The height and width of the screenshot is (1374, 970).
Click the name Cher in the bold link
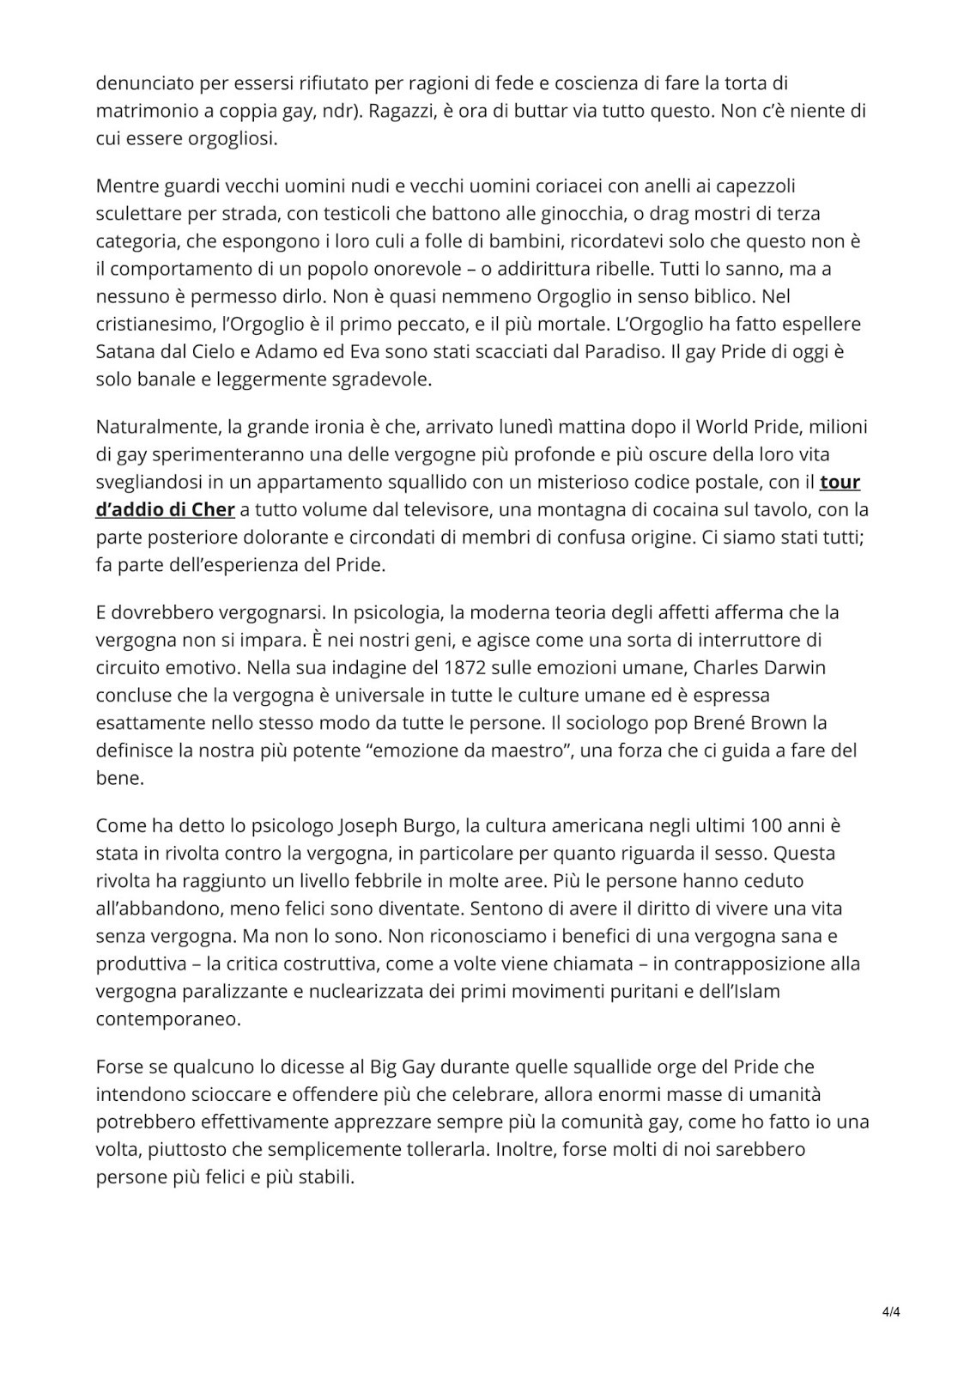click(213, 509)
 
